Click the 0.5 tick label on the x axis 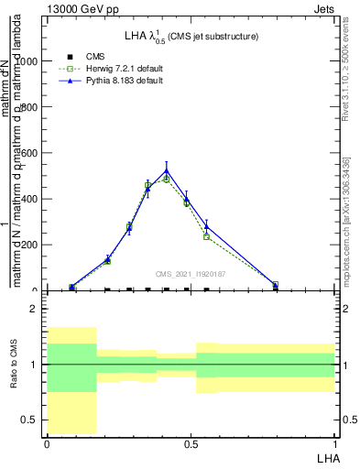tap(191, 443)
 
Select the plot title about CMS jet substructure tap(191, 36)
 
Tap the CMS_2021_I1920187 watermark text tap(191, 273)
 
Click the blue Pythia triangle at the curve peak tap(166, 170)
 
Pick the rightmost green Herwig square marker tap(276, 285)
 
